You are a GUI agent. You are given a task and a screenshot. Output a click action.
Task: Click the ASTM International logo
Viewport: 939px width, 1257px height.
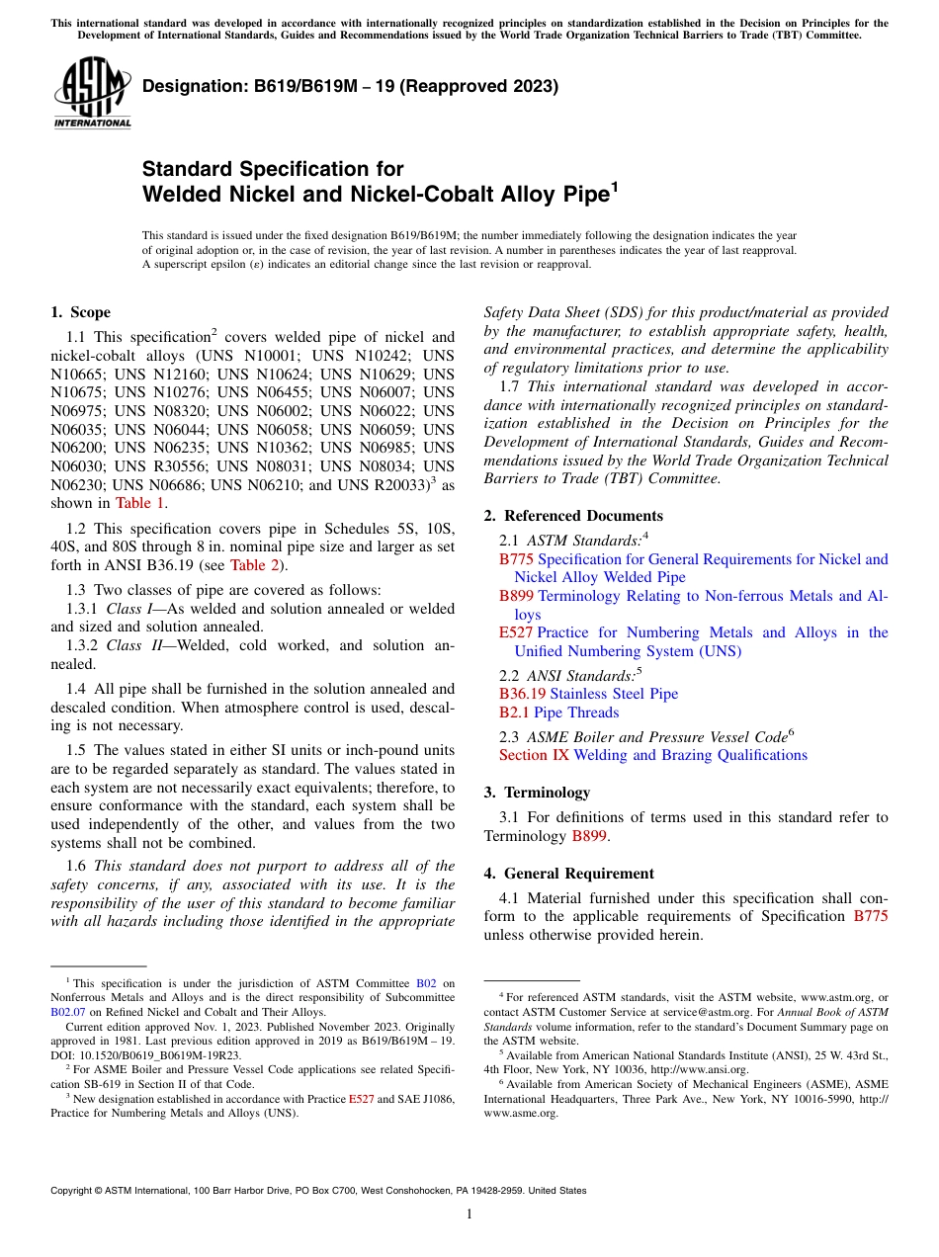click(91, 94)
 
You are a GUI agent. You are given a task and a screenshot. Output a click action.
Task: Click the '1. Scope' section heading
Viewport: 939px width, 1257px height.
click(80, 312)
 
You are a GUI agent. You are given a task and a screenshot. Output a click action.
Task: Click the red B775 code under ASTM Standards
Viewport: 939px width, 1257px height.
click(516, 559)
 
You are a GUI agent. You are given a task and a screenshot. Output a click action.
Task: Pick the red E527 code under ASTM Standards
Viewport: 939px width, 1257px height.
click(516, 632)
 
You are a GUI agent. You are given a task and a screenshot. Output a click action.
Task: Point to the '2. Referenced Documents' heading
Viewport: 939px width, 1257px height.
click(573, 516)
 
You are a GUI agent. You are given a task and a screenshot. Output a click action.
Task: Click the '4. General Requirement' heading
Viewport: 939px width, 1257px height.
click(568, 874)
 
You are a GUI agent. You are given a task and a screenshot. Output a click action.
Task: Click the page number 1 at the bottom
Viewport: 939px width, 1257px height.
click(469, 1214)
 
